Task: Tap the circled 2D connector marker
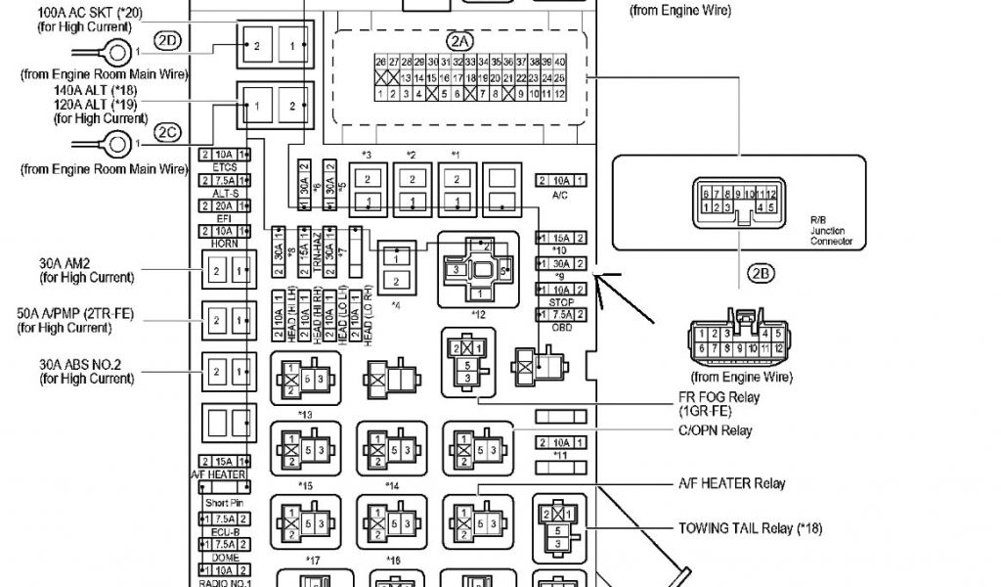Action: click(x=168, y=41)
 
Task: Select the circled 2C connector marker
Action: click(x=168, y=131)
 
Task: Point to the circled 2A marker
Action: click(x=458, y=41)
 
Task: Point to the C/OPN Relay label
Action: click(x=716, y=430)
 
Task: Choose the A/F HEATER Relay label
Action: click(x=732, y=483)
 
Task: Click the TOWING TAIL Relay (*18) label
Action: click(x=750, y=528)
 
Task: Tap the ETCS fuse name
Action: click(x=225, y=167)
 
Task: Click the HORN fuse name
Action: click(x=225, y=244)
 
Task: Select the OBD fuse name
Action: click(x=560, y=327)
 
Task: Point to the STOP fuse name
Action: click(x=560, y=303)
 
